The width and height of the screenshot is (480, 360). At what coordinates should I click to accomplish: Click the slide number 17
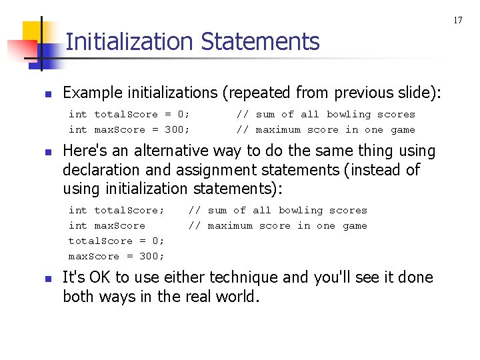click(x=458, y=21)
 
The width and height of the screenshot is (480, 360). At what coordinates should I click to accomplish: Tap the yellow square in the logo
click(x=33, y=31)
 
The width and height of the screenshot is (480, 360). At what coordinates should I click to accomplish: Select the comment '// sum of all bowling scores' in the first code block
click(x=325, y=114)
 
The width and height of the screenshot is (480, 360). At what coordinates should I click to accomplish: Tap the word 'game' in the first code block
click(x=403, y=129)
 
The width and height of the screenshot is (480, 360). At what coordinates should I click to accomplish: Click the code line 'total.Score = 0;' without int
click(x=116, y=241)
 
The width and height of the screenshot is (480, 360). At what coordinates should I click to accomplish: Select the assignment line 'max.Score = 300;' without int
click(x=116, y=256)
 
